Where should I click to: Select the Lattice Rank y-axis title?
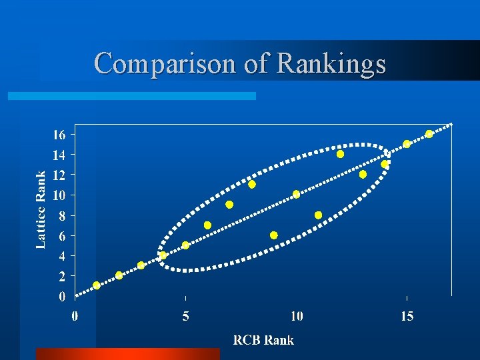[x=41, y=209]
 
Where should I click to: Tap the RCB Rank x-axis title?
[x=263, y=340]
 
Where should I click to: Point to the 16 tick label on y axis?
[x=59, y=135]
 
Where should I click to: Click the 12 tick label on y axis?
[x=59, y=175]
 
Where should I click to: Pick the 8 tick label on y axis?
[x=62, y=215]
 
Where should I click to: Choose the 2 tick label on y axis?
[x=62, y=276]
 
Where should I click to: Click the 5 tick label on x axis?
[x=185, y=316]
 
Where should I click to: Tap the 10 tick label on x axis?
[x=297, y=316]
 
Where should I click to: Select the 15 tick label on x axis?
[x=407, y=316]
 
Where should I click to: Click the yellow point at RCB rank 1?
[x=97, y=285]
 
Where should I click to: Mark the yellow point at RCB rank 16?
[x=429, y=134]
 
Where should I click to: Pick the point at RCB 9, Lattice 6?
[x=274, y=235]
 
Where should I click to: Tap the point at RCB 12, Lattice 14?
[x=341, y=154]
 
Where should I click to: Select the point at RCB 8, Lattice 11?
[x=252, y=184]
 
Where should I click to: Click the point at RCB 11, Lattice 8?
[x=319, y=215]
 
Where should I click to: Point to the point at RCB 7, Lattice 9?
[x=229, y=205]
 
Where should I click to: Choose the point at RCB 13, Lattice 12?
[x=363, y=174]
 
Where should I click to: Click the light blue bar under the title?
[x=131, y=96]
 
